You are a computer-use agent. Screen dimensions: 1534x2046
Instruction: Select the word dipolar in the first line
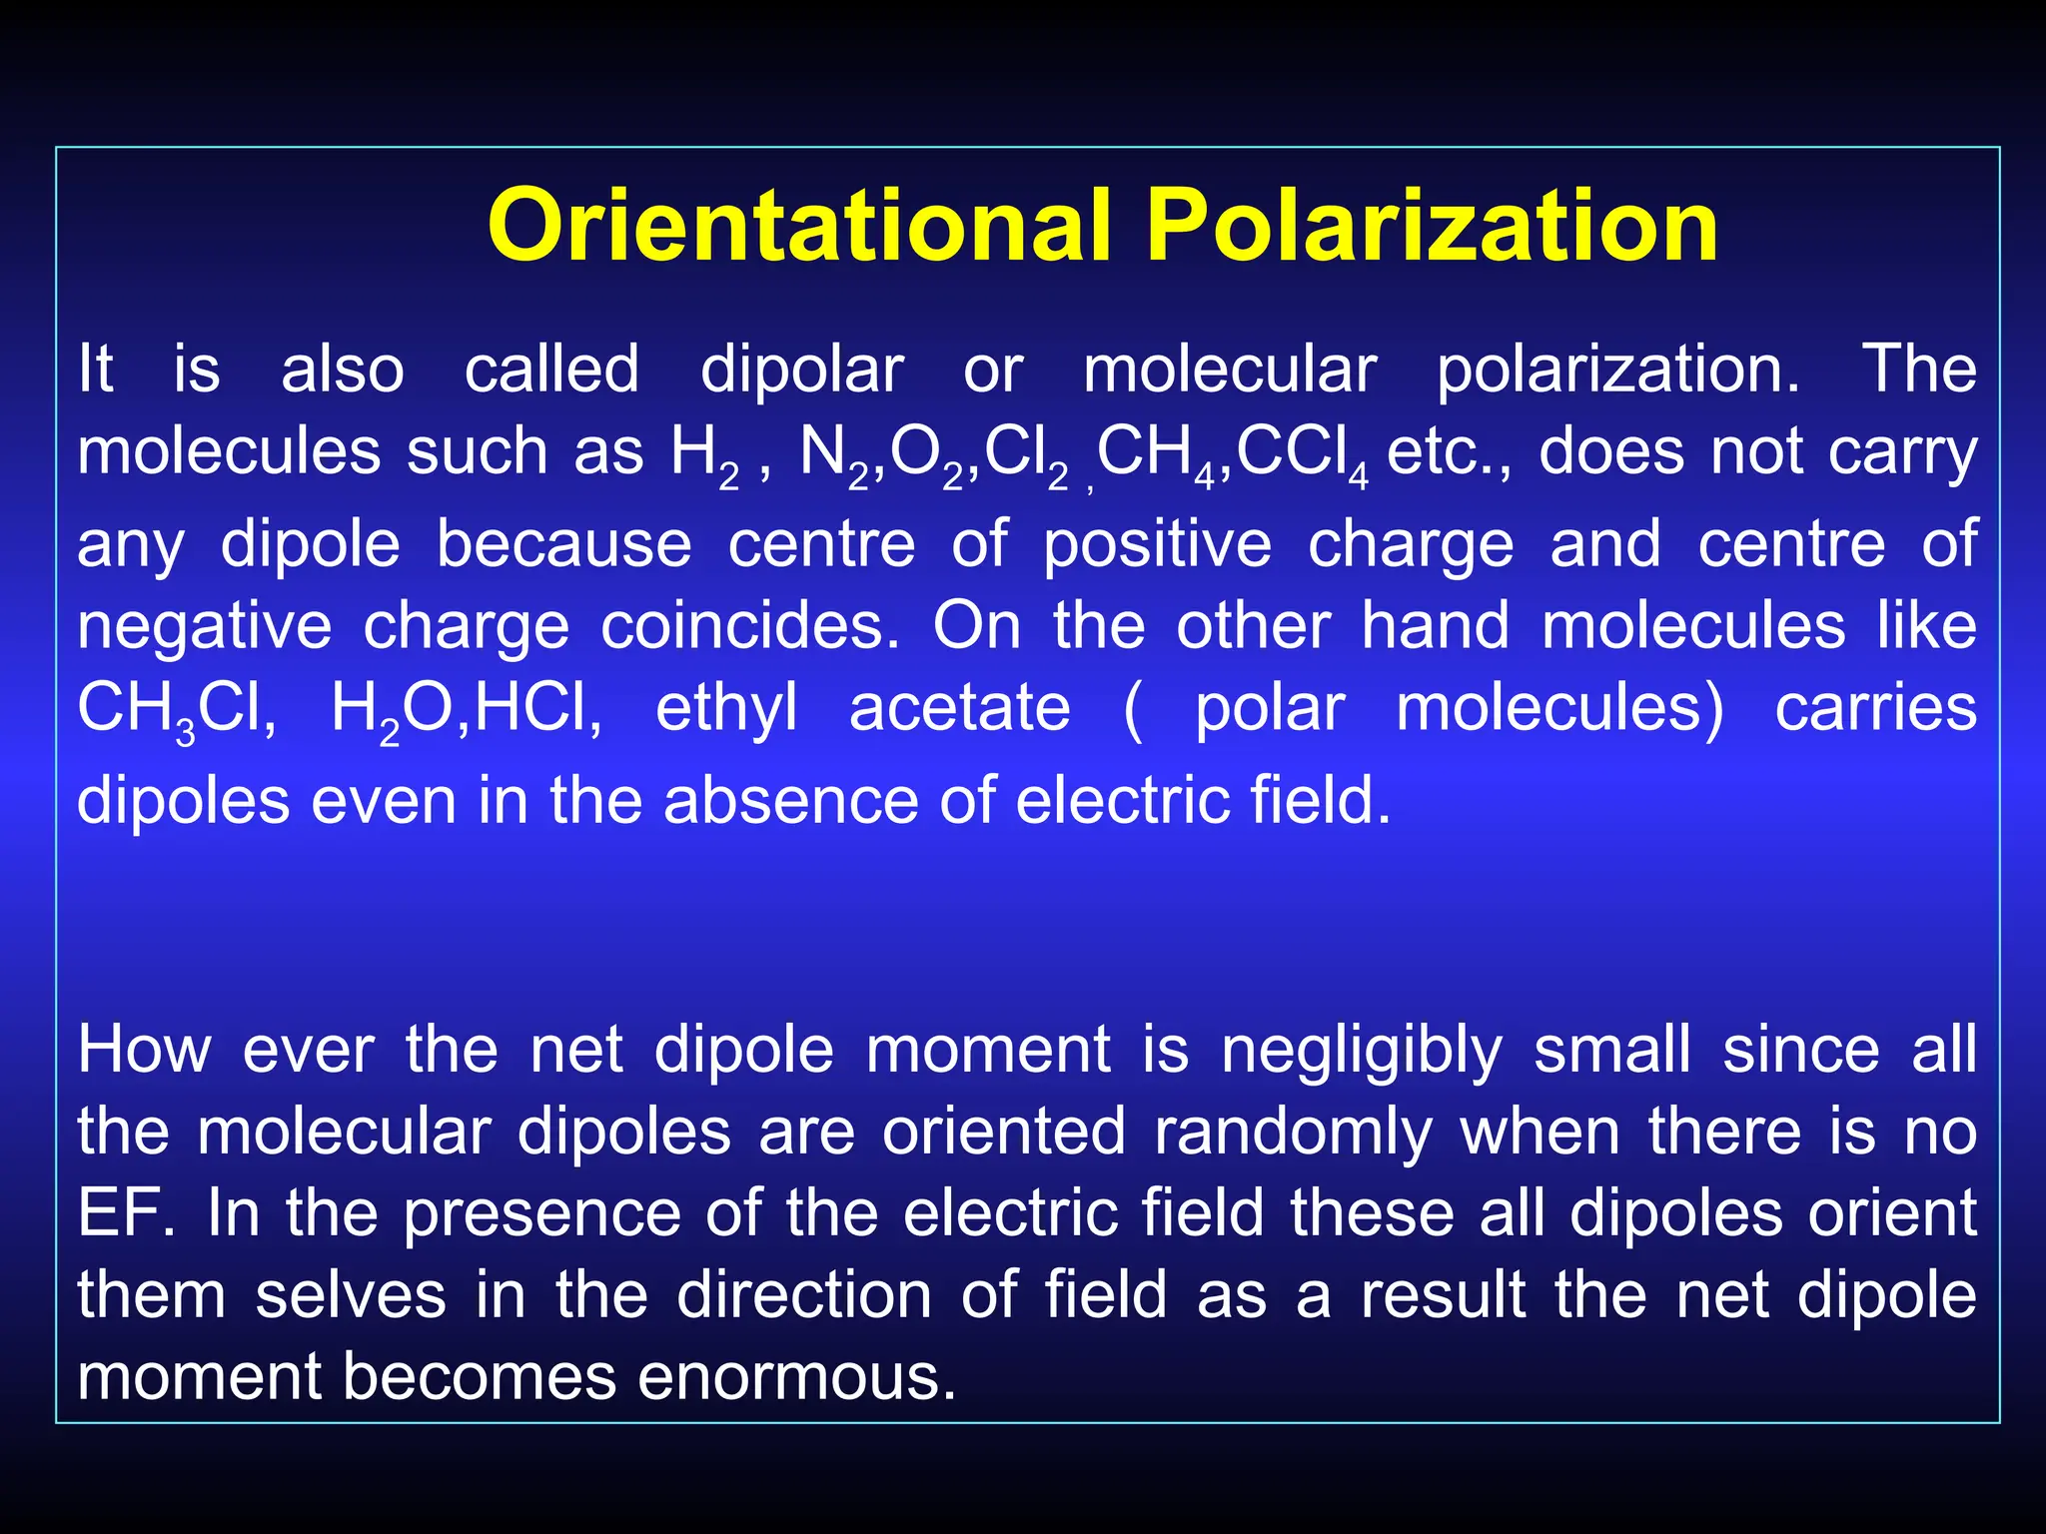[801, 370]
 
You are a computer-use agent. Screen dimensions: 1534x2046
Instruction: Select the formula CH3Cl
[176, 710]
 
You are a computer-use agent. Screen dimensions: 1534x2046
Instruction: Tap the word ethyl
[726, 710]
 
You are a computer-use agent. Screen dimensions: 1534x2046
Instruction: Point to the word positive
[1158, 546]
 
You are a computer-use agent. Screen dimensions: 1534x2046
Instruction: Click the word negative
[204, 628]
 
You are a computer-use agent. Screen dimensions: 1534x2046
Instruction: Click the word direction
[803, 1295]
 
